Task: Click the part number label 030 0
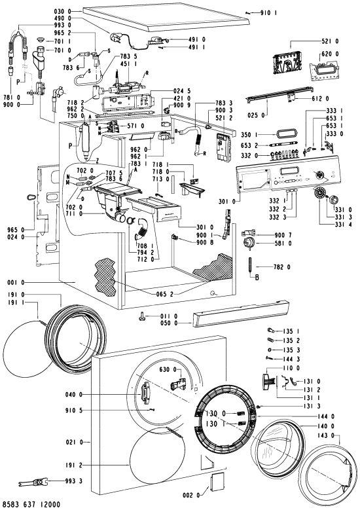[x=63, y=11]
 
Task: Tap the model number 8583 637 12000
[x=30, y=505]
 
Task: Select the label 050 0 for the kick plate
[x=169, y=323]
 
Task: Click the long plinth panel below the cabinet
[x=241, y=314]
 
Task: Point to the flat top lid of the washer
[x=166, y=18]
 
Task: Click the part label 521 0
[x=330, y=41]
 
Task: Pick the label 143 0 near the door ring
[x=329, y=435]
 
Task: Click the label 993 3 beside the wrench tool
[x=73, y=481]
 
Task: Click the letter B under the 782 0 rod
[x=257, y=278]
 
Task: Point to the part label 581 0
[x=283, y=243]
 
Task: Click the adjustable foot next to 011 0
[x=143, y=315]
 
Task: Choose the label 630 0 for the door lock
[x=168, y=369]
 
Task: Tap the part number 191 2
[x=74, y=465]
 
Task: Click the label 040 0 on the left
[x=74, y=395]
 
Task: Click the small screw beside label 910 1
[x=248, y=12]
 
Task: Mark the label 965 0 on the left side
[x=16, y=230]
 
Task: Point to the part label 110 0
[x=291, y=369]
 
